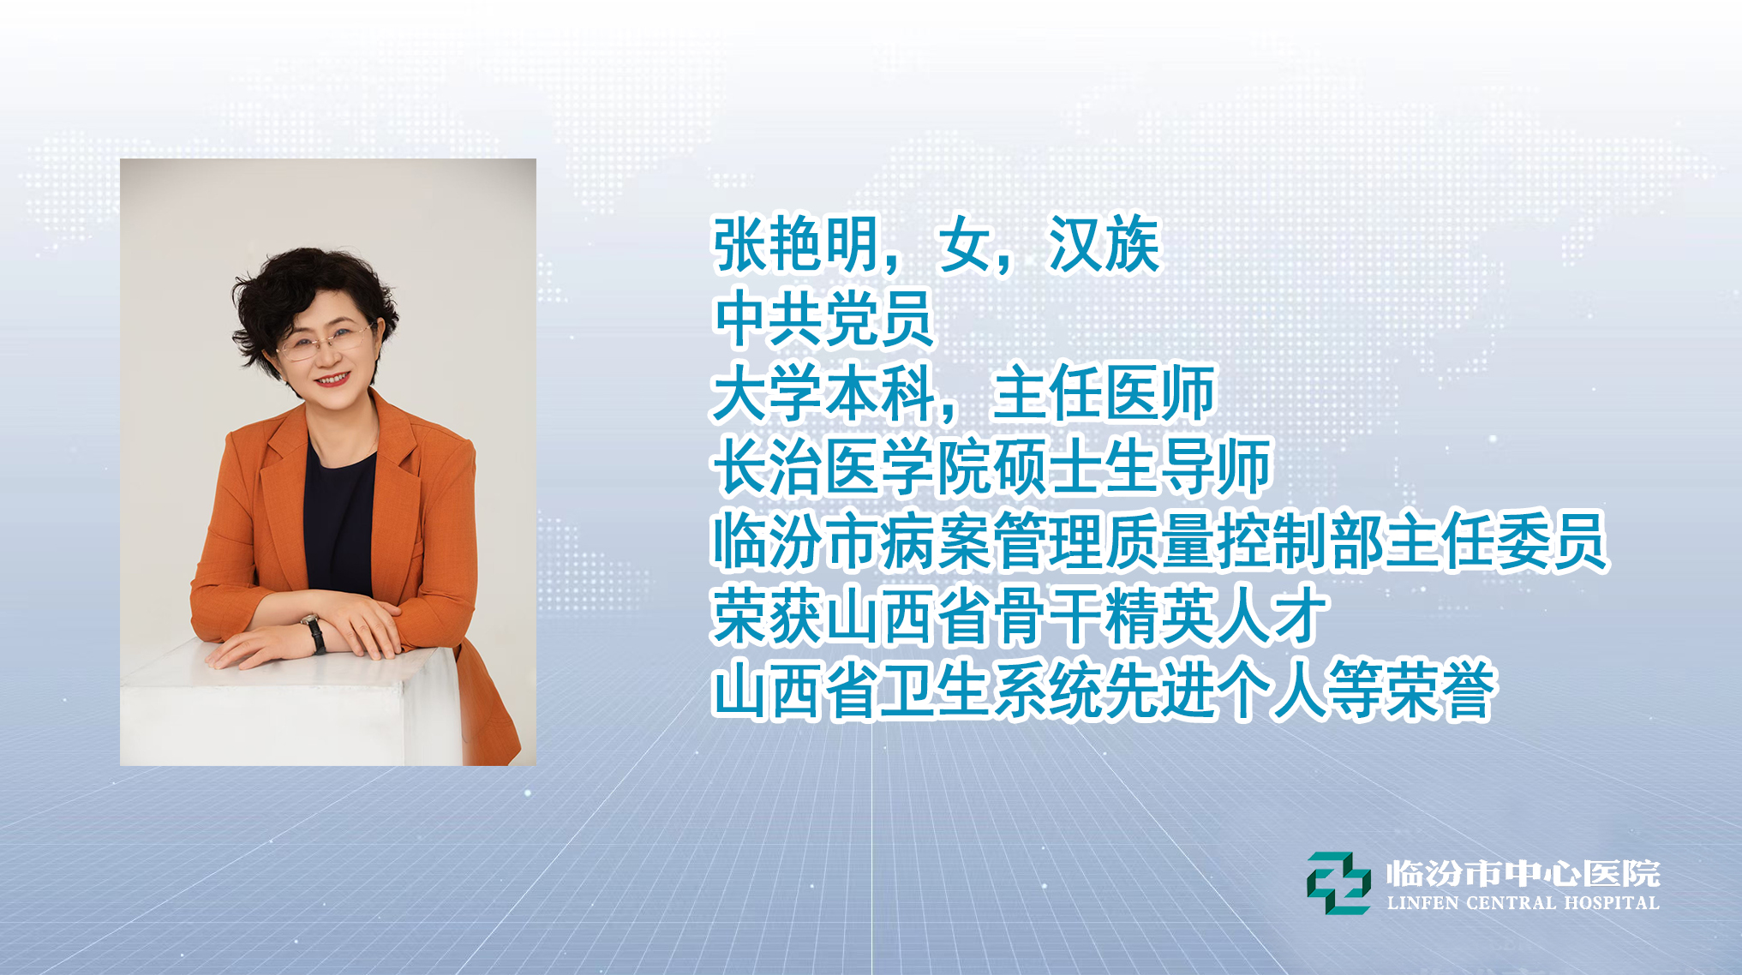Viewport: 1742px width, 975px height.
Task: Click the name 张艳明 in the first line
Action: [x=796, y=245]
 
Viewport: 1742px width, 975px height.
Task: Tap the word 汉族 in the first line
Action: [x=1104, y=245]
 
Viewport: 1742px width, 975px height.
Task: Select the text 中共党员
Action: [x=823, y=320]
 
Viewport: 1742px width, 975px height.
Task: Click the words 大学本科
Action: [x=823, y=394]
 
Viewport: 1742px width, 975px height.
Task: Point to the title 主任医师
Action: [x=1104, y=394]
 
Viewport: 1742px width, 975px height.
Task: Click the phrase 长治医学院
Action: [x=852, y=468]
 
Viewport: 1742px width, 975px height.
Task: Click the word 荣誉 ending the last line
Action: [x=1440, y=691]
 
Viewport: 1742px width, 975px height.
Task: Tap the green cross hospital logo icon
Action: [x=1338, y=882]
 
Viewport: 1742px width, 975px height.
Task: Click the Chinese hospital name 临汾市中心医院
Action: [x=1524, y=874]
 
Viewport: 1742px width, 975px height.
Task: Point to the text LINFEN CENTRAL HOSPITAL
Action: [x=1524, y=903]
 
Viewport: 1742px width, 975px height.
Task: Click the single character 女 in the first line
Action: [x=965, y=245]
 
